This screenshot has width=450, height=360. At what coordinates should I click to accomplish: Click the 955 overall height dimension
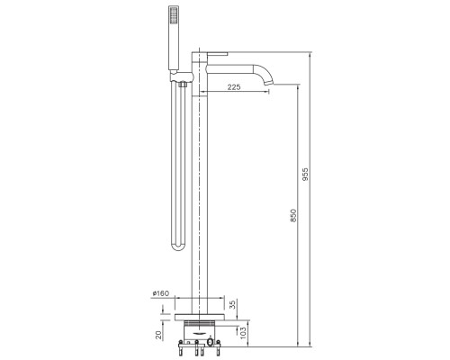tap(305, 175)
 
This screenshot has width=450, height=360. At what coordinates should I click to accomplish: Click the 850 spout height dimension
tap(293, 215)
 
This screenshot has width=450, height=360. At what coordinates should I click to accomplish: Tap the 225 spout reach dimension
tap(234, 87)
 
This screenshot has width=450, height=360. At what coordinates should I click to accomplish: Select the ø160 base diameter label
tap(161, 293)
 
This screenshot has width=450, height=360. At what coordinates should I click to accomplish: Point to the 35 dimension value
tap(233, 305)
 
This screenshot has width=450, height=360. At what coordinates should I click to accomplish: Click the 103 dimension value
tap(243, 333)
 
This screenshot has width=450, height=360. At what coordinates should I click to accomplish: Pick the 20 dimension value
tap(158, 335)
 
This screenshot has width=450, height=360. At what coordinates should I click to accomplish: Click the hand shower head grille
tap(174, 15)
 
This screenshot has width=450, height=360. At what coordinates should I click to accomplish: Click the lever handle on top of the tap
tap(218, 54)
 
